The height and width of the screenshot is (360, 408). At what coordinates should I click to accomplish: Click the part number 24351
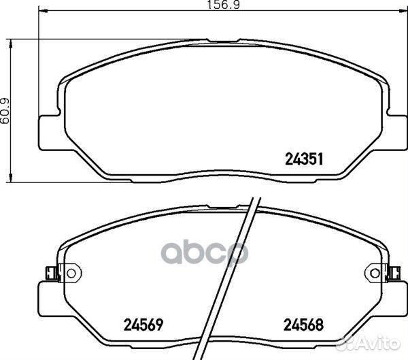tap(304, 159)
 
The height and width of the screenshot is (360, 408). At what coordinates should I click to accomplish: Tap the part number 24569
tap(143, 325)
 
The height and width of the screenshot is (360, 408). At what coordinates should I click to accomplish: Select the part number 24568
tap(303, 325)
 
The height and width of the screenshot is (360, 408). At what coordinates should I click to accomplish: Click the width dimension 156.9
tap(223, 5)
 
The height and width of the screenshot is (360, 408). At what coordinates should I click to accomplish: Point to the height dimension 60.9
tap(5, 111)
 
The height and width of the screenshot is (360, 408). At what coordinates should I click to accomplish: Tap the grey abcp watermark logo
tap(205, 254)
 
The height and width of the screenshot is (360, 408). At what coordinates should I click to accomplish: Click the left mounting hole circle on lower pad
tap(71, 274)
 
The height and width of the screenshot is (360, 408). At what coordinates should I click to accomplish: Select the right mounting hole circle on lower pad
tap(375, 274)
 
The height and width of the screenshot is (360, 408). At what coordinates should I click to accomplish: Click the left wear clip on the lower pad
tap(51, 273)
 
